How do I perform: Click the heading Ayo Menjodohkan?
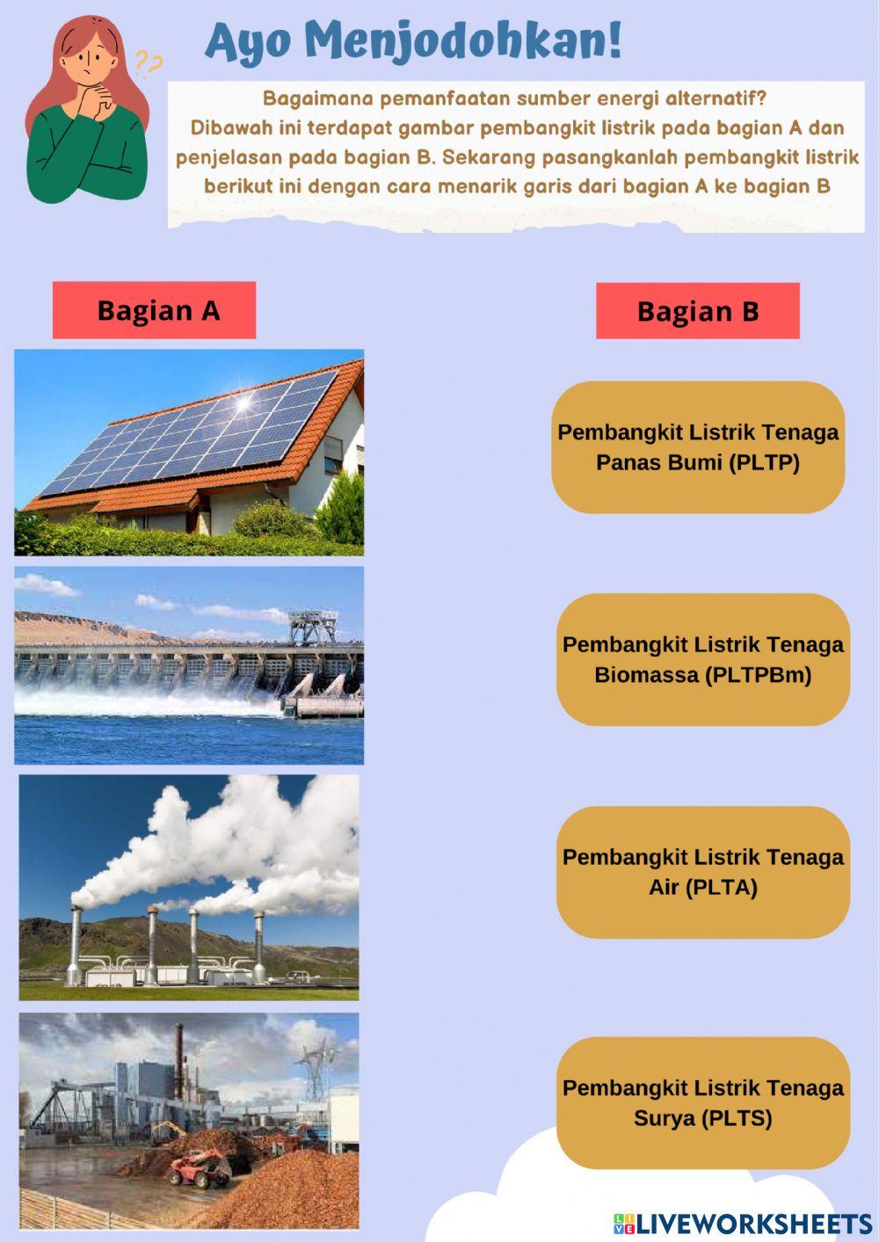[413, 42]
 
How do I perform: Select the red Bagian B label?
[698, 311]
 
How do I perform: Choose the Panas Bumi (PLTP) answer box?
[698, 447]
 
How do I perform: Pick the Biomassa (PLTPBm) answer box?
[702, 659]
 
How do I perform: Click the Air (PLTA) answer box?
[702, 872]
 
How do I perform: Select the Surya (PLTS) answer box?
[702, 1102]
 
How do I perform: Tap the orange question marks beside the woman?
[149, 63]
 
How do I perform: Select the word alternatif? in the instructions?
[716, 98]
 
